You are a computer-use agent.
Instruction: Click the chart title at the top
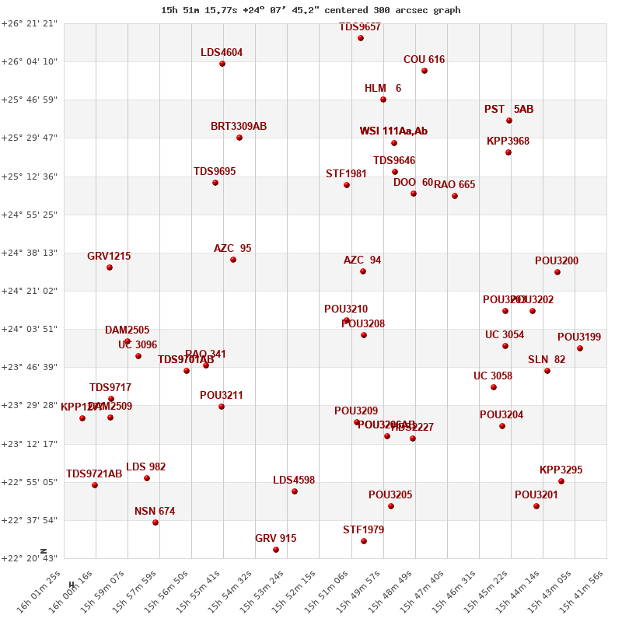(310, 10)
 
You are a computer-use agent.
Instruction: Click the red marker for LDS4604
(222, 64)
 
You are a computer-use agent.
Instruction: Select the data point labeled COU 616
(425, 71)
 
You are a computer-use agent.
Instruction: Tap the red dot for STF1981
(347, 185)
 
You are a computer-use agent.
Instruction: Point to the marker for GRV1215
(110, 267)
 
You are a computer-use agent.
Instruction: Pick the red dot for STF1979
(364, 541)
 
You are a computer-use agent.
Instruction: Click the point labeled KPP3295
(561, 481)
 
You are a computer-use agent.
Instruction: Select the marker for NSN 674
(155, 522)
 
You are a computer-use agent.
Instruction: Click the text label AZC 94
(362, 260)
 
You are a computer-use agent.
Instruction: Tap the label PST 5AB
(508, 109)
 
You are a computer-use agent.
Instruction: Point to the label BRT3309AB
(239, 126)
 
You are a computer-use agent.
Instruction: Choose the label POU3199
(579, 337)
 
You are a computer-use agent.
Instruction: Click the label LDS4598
(294, 480)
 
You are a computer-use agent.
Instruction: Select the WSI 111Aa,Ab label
(393, 131)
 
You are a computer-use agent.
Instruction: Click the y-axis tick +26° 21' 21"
(29, 23)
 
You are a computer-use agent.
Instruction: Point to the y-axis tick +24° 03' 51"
(29, 329)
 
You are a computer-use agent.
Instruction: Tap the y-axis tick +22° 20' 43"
(29, 558)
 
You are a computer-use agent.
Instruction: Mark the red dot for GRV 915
(276, 550)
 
